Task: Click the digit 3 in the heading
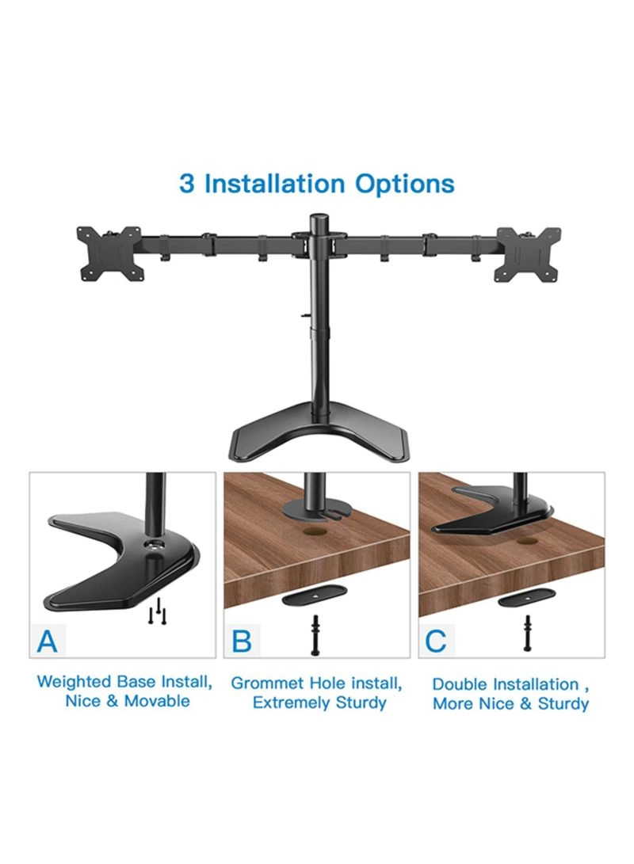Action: coord(187,184)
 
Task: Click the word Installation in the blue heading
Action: coord(274,184)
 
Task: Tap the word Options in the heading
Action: coord(405,184)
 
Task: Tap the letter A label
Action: coord(48,641)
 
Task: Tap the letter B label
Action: coord(242,641)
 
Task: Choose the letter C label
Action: coord(436,641)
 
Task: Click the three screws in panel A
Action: coord(157,611)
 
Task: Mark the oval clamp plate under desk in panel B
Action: coord(315,599)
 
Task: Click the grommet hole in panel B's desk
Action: coord(315,534)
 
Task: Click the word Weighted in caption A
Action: coord(74,682)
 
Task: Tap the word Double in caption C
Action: coord(460,684)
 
